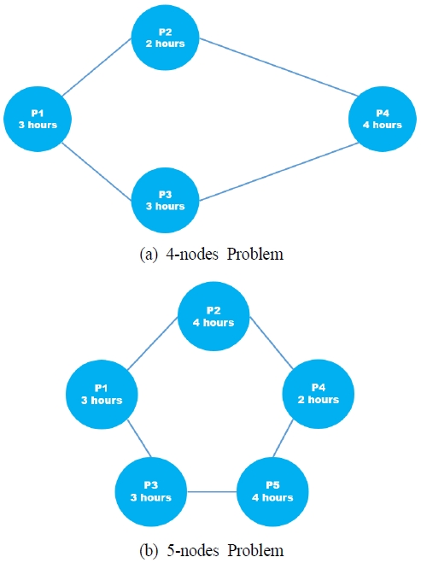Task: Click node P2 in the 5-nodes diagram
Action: (213, 316)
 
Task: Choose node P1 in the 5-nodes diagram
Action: (101, 394)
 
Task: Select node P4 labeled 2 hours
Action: (317, 394)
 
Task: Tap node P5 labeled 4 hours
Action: (272, 491)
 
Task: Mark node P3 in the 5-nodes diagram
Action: (150, 491)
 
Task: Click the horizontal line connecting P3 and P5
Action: (211, 491)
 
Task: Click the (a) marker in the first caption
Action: (149, 254)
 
